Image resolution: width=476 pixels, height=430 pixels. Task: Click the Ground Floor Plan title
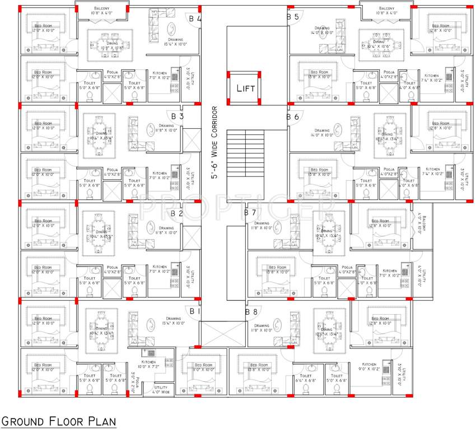point(58,421)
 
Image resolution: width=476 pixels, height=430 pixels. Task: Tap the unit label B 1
point(194,311)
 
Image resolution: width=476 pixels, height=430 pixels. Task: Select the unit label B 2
point(177,213)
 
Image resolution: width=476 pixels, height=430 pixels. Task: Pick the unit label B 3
point(178,116)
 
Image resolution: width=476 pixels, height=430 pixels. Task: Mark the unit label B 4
point(195,18)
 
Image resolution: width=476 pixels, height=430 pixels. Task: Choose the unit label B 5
point(293,17)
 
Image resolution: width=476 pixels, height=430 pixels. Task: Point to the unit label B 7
point(250,213)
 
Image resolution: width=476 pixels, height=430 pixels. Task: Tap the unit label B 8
point(250,311)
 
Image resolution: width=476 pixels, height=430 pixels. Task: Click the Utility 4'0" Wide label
point(161,390)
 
